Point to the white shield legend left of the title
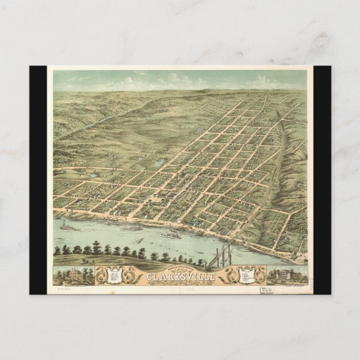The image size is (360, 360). point(116,275)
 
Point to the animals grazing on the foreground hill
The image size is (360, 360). point(87,260)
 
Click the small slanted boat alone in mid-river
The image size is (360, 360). point(140,240)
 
